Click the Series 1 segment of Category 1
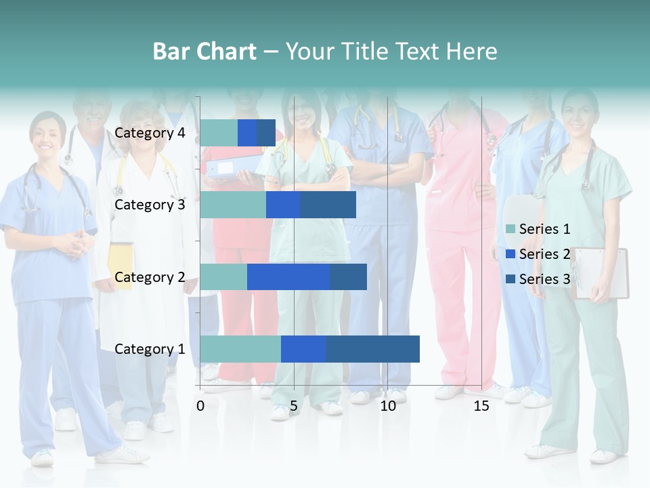pyautogui.click(x=240, y=349)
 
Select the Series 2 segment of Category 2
pyautogui.click(x=288, y=277)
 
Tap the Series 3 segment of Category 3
pyautogui.click(x=328, y=205)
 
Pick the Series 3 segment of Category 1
pyautogui.click(x=372, y=349)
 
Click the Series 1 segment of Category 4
pyautogui.click(x=219, y=133)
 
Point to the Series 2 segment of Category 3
pyautogui.click(x=283, y=205)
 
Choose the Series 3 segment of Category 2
pyautogui.click(x=348, y=277)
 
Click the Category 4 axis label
pyautogui.click(x=150, y=133)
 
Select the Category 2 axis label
pyautogui.click(x=150, y=277)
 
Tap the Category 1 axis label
pyautogui.click(x=150, y=349)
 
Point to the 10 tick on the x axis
pyautogui.click(x=387, y=407)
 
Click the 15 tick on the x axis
pyautogui.click(x=481, y=407)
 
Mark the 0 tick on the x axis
pyautogui.click(x=200, y=407)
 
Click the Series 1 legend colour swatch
pyautogui.click(x=511, y=229)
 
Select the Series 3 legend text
pyautogui.click(x=544, y=279)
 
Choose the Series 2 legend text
pyautogui.click(x=544, y=254)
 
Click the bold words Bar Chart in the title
pyautogui.click(x=204, y=52)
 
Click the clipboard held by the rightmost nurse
pyautogui.click(x=601, y=273)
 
